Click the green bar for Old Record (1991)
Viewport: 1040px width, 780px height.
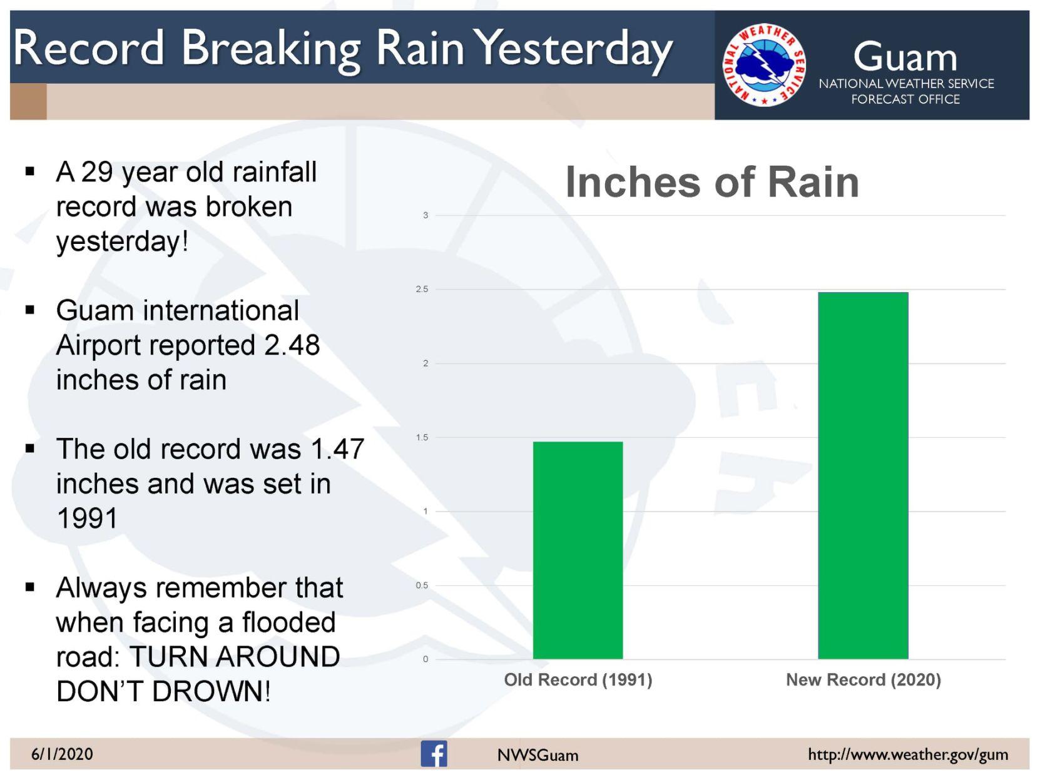(x=578, y=550)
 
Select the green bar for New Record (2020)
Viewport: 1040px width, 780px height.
(x=862, y=475)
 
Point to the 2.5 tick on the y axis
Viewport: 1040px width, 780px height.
(x=422, y=289)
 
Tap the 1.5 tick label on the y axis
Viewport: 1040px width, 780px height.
(x=422, y=437)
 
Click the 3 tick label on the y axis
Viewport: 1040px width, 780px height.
(x=426, y=215)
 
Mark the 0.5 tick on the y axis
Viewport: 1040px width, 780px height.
(x=422, y=585)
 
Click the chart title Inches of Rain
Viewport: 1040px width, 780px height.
(x=712, y=182)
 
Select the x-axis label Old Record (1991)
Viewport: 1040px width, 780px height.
(x=578, y=680)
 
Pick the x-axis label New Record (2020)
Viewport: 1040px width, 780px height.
(x=863, y=680)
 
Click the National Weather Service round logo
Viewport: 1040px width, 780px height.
(x=764, y=65)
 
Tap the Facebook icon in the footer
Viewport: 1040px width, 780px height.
(x=434, y=754)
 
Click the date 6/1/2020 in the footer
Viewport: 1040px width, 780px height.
(x=62, y=754)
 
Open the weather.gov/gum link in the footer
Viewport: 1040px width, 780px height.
(x=908, y=754)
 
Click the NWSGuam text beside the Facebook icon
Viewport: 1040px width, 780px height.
(x=538, y=755)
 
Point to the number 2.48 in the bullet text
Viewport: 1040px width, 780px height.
(x=292, y=345)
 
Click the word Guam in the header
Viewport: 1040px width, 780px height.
(x=905, y=57)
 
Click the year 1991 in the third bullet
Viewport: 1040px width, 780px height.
(x=87, y=519)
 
